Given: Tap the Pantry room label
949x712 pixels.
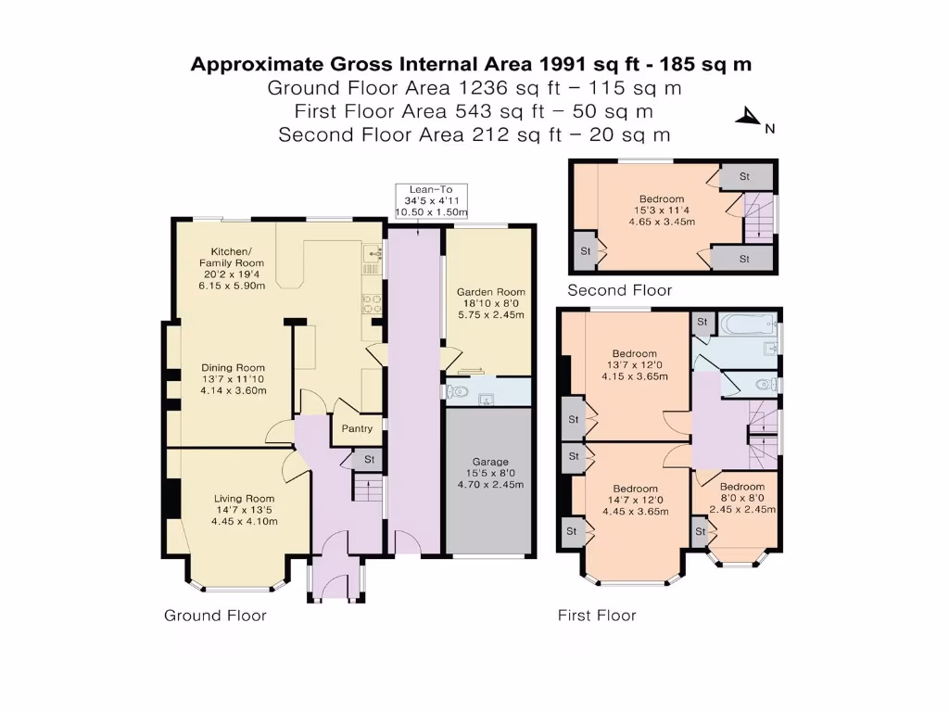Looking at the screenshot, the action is coord(357,428).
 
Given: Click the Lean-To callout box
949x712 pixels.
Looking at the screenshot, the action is coord(431,201).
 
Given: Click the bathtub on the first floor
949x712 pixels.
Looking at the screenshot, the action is coord(748,324).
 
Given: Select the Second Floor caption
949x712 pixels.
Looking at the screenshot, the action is coord(620,290).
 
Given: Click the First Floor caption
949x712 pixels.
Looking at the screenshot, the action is coord(597,616).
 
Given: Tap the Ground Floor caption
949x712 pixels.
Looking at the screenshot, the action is coord(215,616).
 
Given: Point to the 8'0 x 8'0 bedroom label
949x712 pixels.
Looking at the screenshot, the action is coord(742,498).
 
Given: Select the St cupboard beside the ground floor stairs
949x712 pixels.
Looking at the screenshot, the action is coord(369,460).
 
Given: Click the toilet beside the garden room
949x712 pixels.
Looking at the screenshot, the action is coord(458,392).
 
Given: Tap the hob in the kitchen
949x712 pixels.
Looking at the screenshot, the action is coord(371,304).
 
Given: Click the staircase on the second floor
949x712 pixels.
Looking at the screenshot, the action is coord(758,218).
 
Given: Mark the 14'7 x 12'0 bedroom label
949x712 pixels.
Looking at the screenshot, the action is coord(636,500).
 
